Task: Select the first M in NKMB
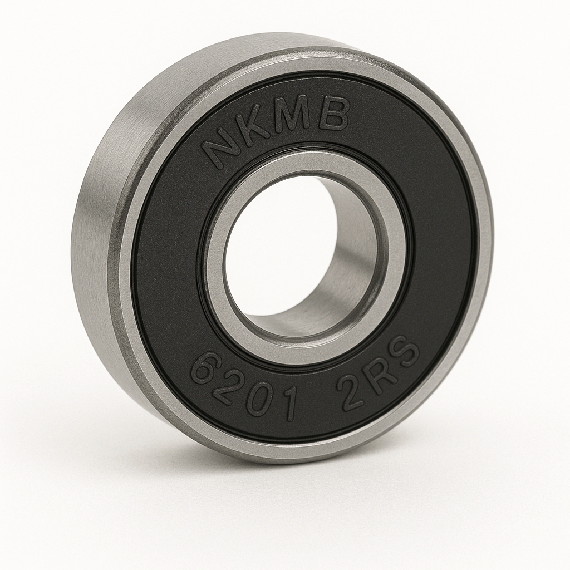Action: pyautogui.click(x=300, y=116)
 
